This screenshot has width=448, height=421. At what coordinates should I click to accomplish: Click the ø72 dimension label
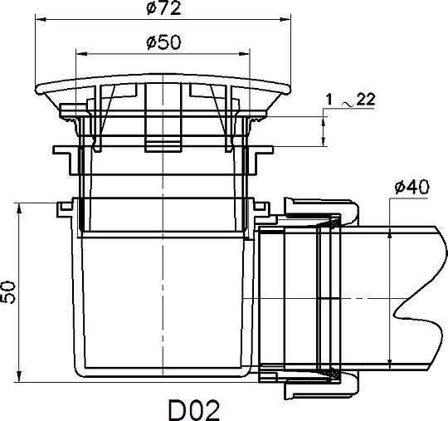point(163,8)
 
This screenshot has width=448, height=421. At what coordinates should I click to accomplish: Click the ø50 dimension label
point(163,42)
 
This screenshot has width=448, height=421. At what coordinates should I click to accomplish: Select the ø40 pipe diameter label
point(411,187)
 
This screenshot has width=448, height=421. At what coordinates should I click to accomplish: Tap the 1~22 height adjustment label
point(351,100)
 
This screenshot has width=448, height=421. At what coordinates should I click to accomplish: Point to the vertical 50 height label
point(8,291)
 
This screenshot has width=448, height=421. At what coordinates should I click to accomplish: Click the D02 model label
point(194,410)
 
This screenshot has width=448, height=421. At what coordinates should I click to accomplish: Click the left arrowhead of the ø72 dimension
point(41,19)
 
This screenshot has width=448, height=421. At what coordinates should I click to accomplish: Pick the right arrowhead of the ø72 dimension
point(285,19)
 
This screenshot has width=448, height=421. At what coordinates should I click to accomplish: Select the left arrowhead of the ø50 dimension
point(81,53)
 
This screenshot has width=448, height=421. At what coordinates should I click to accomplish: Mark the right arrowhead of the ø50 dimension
point(244,53)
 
